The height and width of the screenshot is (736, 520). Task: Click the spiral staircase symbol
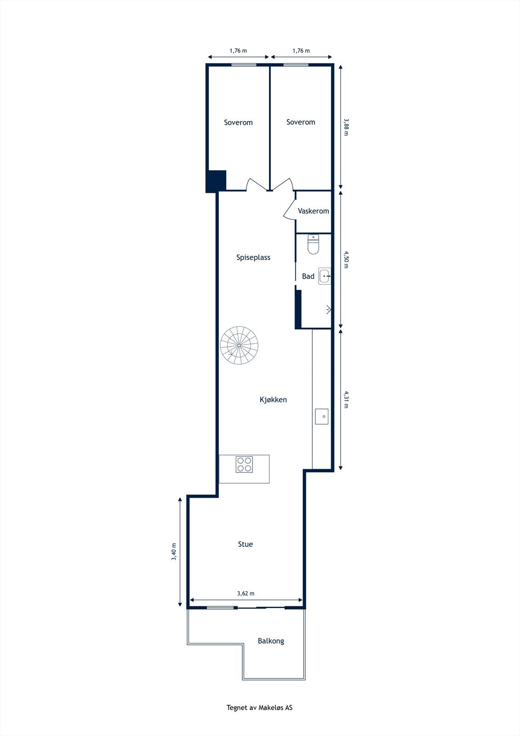click(x=239, y=345)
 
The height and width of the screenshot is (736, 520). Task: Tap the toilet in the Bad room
click(x=313, y=245)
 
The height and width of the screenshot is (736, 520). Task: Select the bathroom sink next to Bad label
click(x=325, y=276)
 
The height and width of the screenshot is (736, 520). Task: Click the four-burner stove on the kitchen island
click(x=244, y=464)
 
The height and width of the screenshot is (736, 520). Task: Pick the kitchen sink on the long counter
click(x=321, y=416)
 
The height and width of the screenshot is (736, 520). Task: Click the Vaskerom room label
click(x=313, y=211)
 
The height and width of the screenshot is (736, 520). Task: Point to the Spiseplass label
click(x=253, y=258)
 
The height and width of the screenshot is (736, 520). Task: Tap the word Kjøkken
click(x=273, y=400)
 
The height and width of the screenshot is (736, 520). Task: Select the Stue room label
click(x=245, y=544)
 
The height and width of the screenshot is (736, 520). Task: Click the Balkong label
click(x=270, y=641)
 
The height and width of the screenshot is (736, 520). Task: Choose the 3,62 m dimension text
click(x=246, y=593)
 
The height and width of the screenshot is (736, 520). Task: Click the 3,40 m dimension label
click(x=174, y=552)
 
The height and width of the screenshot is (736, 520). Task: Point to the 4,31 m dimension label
click(x=346, y=399)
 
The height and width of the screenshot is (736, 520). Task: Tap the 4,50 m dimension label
click(x=346, y=259)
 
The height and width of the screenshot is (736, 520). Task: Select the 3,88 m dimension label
click(x=346, y=126)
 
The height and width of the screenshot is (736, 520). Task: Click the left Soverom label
click(x=238, y=122)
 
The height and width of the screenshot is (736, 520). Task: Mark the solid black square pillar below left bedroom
click(x=216, y=181)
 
